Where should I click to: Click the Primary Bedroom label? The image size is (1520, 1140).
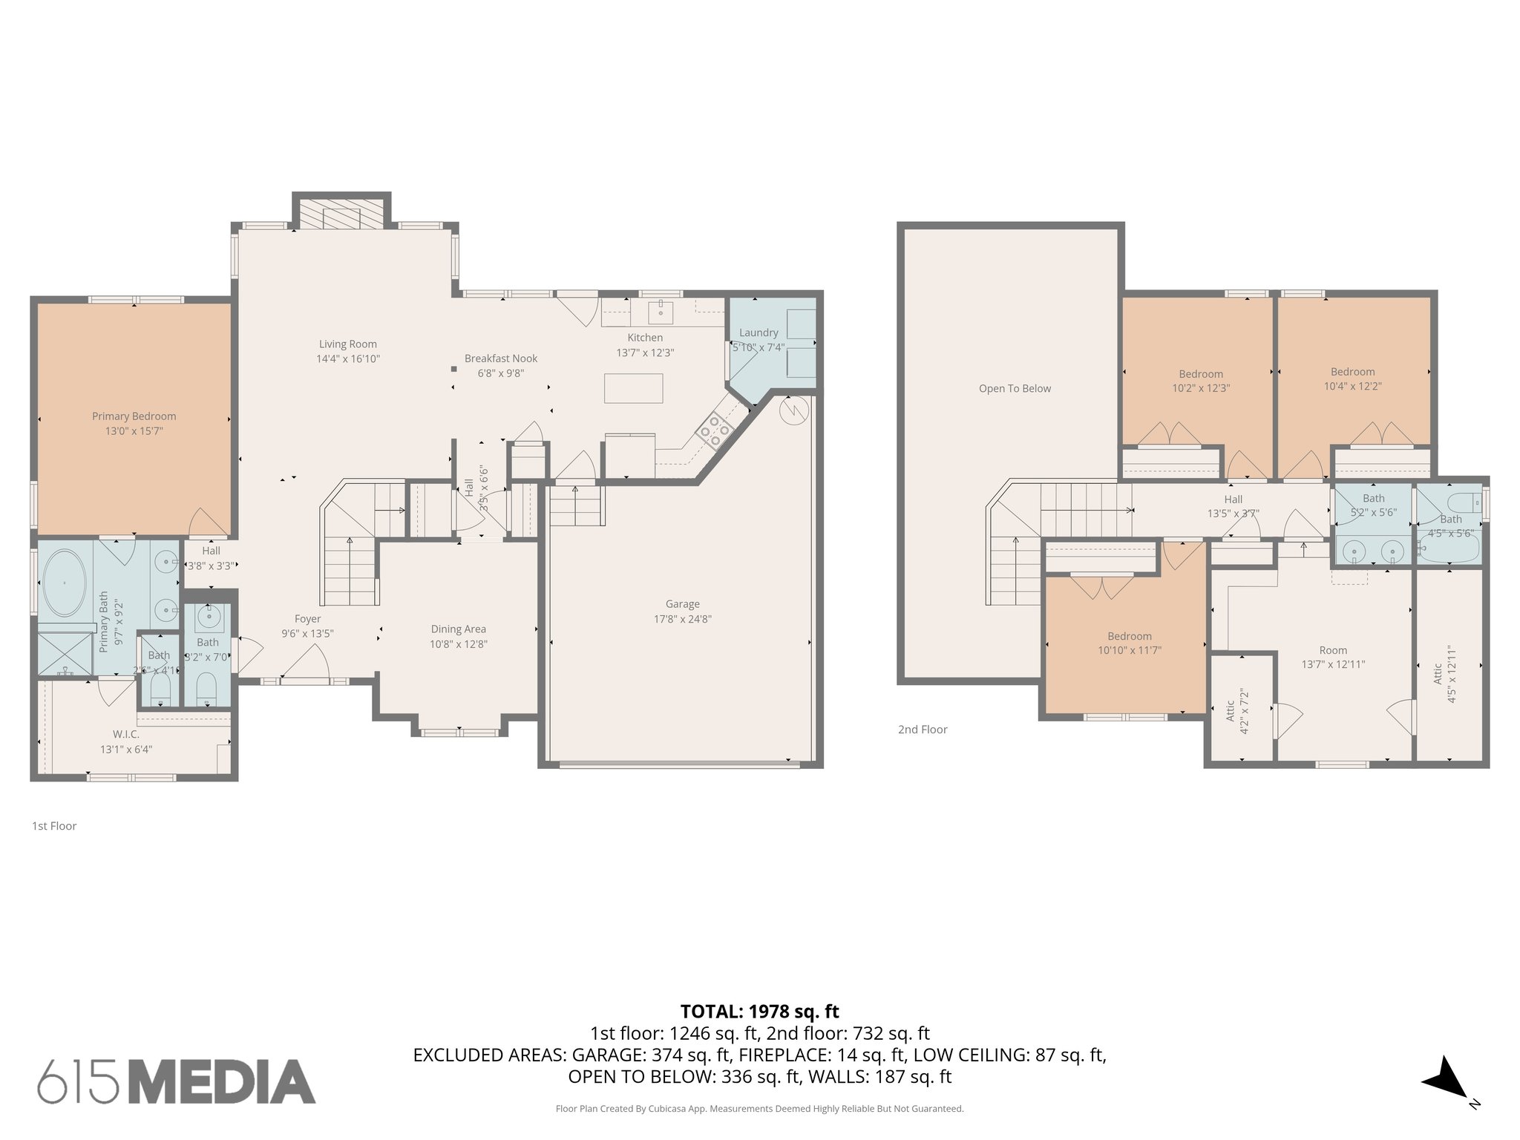134,416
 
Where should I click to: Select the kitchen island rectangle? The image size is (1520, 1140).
633,388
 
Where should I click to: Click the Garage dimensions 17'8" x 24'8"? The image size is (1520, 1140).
682,619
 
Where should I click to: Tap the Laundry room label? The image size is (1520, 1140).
759,332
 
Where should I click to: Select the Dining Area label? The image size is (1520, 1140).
458,629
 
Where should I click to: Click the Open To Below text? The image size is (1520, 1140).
1015,388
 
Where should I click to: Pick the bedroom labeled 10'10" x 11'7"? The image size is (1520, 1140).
1130,643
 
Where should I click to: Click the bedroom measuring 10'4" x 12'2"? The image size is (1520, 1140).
1352,379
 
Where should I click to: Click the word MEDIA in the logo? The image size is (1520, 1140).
223,1082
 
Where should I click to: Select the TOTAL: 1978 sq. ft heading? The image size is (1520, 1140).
759,1012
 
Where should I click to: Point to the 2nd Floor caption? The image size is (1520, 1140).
923,730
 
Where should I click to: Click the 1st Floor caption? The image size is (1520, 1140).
54,826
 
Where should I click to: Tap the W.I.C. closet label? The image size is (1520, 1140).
126,734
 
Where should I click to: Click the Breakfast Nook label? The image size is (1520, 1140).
501,358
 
